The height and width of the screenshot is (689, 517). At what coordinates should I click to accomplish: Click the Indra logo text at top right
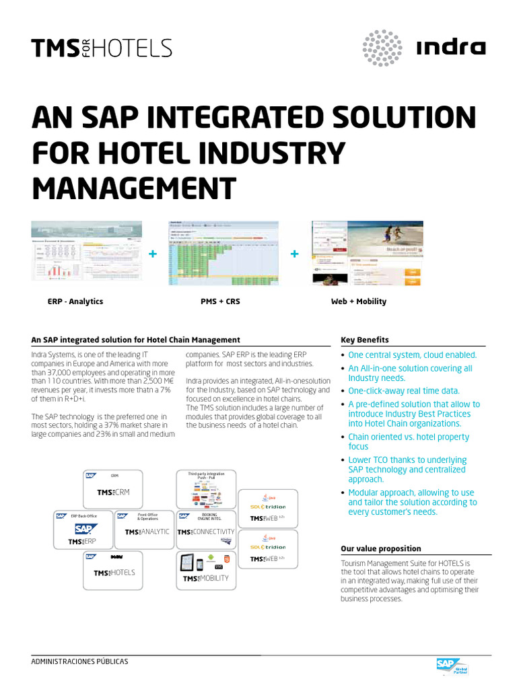(451, 48)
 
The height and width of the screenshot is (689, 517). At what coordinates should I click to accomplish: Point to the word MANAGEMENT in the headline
(135, 188)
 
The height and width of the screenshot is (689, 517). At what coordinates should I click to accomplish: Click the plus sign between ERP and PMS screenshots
(152, 254)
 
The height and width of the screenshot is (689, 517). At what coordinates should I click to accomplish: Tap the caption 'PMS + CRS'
(220, 301)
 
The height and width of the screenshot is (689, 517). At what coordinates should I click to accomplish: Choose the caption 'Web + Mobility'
(358, 301)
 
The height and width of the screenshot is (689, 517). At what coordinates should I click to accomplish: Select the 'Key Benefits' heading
(365, 340)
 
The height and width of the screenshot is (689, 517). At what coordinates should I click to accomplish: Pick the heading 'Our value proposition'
(381, 548)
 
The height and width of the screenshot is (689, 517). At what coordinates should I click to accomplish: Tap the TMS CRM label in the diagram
(112, 493)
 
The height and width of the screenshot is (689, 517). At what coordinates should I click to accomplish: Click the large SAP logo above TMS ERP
(86, 529)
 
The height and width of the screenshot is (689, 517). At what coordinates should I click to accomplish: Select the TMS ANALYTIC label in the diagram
(147, 532)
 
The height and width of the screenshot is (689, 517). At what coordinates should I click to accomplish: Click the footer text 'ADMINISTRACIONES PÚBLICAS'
(79, 661)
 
